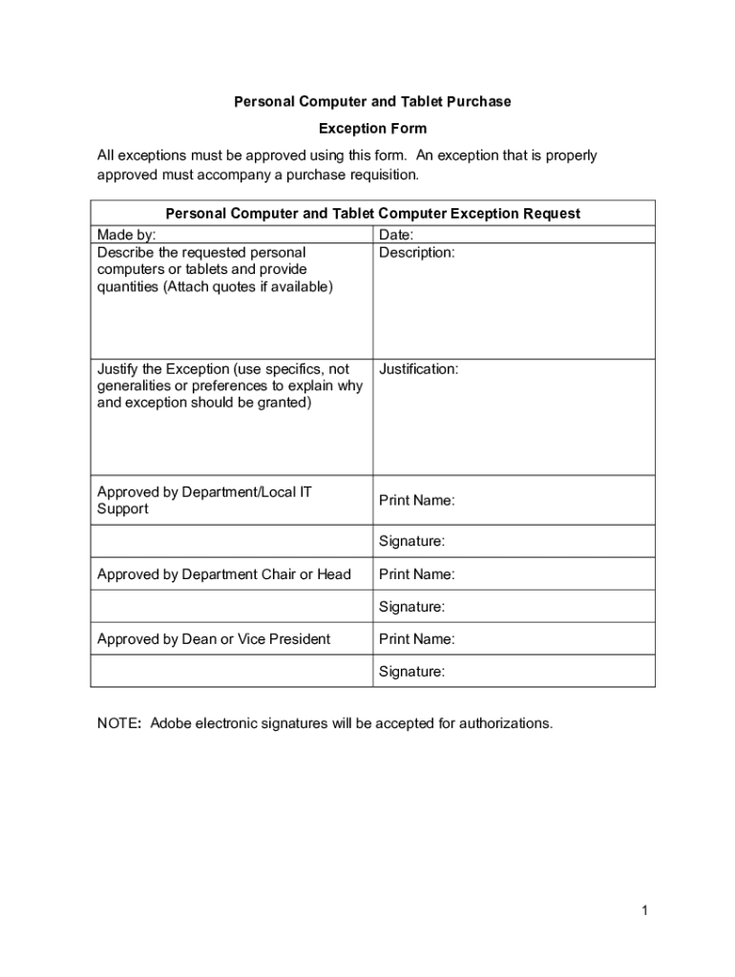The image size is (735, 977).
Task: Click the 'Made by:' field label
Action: tap(126, 235)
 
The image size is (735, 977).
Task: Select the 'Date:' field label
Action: tap(395, 235)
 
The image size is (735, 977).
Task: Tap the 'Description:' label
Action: tap(416, 253)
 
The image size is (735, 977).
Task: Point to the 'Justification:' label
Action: tap(418, 369)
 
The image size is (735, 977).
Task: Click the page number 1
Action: tap(645, 911)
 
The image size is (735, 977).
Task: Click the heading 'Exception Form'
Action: tap(372, 128)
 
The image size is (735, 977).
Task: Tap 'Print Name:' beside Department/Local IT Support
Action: tap(416, 500)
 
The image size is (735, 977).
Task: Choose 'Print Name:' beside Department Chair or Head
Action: tap(416, 574)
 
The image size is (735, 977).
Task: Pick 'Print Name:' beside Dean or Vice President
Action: tap(416, 639)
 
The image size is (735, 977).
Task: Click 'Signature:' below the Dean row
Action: tap(411, 672)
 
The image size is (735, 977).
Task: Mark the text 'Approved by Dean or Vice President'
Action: tap(214, 639)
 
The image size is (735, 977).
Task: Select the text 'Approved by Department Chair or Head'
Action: tap(224, 574)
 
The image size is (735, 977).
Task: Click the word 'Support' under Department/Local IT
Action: tap(122, 509)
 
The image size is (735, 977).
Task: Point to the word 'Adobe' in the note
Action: tap(170, 723)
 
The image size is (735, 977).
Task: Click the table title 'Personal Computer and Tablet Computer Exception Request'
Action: tap(372, 214)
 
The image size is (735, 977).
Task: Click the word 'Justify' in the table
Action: tap(116, 369)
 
